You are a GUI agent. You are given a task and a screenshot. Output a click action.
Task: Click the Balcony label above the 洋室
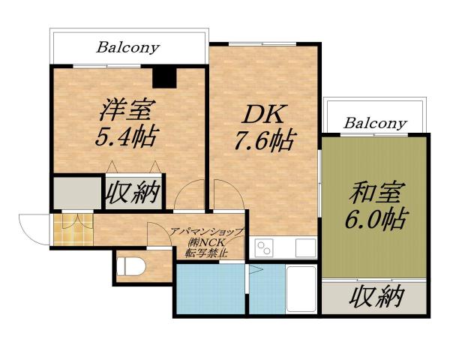(128, 47)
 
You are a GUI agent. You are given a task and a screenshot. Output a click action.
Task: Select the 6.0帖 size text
(374, 220)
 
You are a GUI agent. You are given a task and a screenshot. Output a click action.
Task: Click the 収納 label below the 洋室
(133, 193)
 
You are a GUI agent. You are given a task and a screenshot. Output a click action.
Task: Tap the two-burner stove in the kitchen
(265, 247)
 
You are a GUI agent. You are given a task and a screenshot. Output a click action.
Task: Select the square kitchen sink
(304, 247)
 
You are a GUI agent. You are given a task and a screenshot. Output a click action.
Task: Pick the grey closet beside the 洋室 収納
(76, 193)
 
